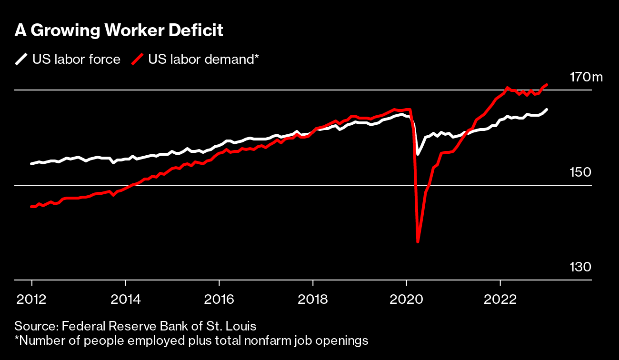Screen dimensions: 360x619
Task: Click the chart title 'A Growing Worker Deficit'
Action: (x=119, y=30)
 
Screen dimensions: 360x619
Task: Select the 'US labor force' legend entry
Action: (x=76, y=60)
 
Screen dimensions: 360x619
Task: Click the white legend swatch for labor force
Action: (x=21, y=60)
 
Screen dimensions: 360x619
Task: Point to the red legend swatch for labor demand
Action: (x=137, y=60)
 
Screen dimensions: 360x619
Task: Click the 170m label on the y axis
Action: (x=586, y=77)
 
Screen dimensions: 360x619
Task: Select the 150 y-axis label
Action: (x=580, y=172)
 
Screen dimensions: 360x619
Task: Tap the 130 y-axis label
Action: (x=580, y=267)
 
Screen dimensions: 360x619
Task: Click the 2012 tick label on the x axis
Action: (x=31, y=300)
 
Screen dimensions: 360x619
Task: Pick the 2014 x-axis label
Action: (x=125, y=300)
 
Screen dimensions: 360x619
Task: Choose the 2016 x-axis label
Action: (x=219, y=300)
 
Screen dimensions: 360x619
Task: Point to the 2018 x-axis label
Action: (x=313, y=300)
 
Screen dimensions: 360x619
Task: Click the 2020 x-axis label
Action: (x=407, y=300)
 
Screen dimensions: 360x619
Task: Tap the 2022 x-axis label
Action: (x=500, y=300)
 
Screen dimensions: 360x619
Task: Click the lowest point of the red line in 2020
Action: (x=418, y=242)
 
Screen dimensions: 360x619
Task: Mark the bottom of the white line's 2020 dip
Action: (x=418, y=154)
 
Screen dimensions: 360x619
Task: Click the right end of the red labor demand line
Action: (x=547, y=85)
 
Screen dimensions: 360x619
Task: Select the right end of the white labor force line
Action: (x=547, y=110)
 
